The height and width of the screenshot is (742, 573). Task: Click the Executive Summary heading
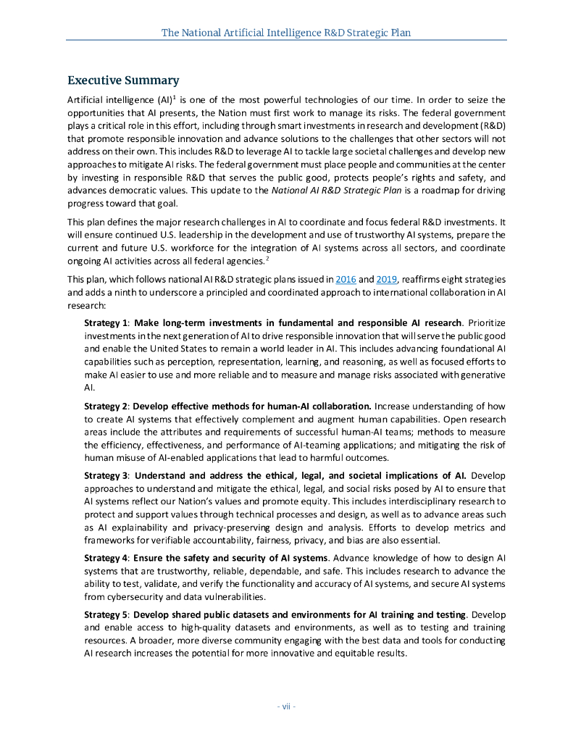[123, 80]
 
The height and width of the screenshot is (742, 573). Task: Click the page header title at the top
[286, 33]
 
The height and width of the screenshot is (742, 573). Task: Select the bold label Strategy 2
[106, 406]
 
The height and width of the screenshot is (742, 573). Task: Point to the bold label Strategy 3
[106, 475]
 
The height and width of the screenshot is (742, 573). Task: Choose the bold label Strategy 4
[106, 558]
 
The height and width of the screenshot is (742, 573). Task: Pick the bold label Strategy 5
[106, 614]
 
